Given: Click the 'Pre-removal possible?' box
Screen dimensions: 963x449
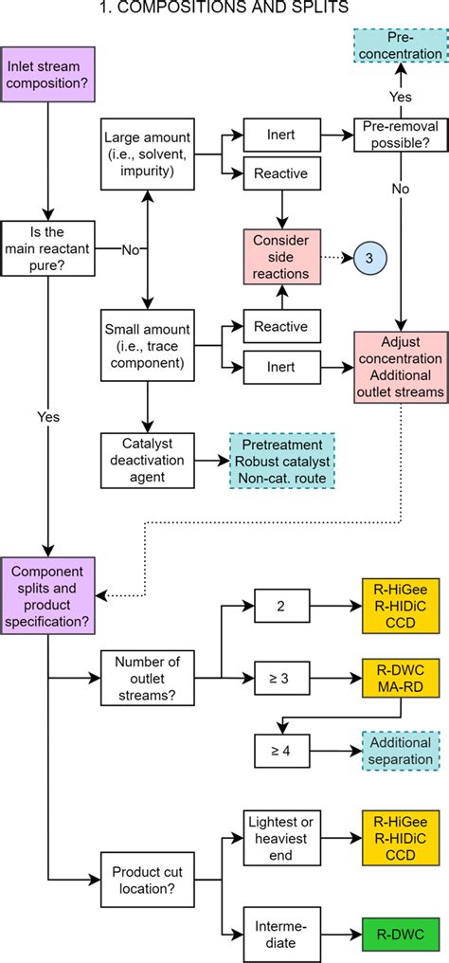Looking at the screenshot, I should coord(400,136).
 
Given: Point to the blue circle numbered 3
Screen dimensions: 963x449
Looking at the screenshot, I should coord(370,257).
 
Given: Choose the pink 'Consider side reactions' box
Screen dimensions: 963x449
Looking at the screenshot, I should coord(280,256).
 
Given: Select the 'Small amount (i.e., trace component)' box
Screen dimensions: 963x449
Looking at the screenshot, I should coord(147,347).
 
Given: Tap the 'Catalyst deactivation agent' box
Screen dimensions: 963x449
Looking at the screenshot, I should coord(147,460).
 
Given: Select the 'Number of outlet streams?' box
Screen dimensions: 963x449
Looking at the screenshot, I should coord(147,677).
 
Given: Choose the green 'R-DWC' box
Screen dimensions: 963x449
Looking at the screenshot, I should coord(400,930).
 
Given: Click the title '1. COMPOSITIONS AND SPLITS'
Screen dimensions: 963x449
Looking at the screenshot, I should coord(224,9).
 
